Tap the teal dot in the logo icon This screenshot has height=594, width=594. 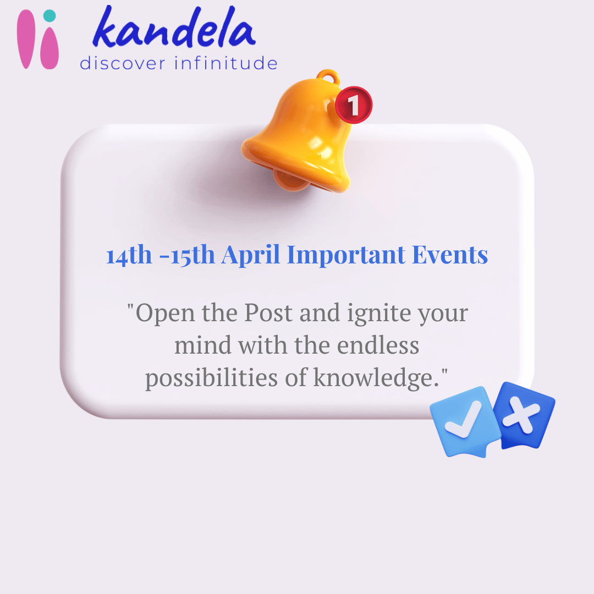point(50,16)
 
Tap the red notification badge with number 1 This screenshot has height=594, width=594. point(354,105)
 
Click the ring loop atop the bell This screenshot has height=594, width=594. point(329,77)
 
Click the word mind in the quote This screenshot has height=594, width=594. point(202,346)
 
